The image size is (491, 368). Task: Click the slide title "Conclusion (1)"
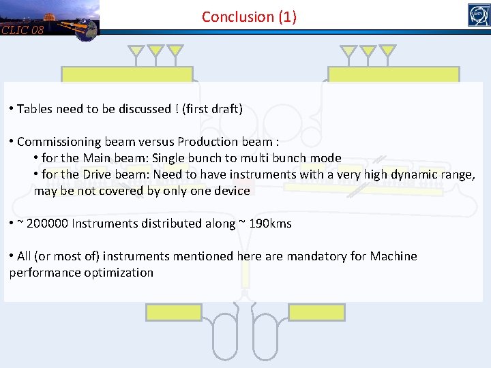tap(249, 17)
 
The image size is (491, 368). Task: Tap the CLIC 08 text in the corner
tap(23, 30)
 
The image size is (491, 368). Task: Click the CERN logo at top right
tap(479, 15)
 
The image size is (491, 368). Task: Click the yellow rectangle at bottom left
tap(174, 312)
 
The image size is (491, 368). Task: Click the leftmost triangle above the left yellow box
tap(136, 50)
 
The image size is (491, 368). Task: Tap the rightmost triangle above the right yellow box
tap(387, 50)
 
